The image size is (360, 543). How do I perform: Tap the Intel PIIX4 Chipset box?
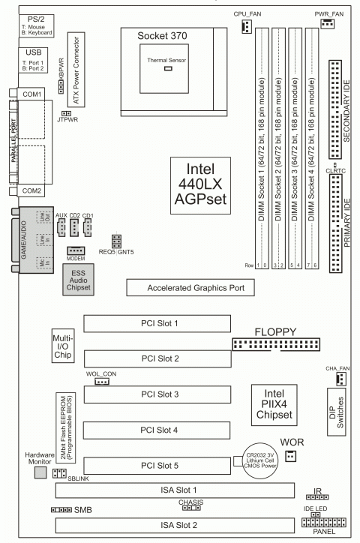273,403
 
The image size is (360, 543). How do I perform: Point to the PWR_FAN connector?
327,26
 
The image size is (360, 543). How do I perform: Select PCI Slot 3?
154,394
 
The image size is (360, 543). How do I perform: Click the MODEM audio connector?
76,250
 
